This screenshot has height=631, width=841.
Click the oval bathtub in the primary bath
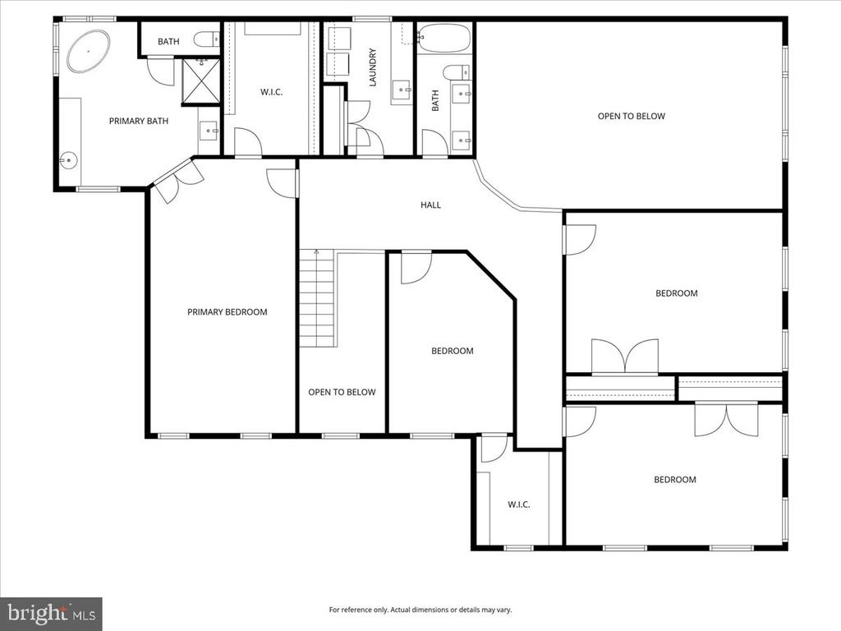(89, 52)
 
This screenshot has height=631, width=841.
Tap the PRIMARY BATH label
(138, 122)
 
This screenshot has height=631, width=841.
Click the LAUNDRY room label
(373, 67)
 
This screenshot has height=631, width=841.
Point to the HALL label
(430, 205)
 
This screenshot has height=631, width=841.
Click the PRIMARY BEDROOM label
(227, 311)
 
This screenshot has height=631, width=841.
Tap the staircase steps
(317, 298)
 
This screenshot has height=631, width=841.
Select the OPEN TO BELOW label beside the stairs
(342, 392)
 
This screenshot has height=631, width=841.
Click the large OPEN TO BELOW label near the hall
(632, 116)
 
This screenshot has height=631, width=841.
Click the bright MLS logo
(51, 613)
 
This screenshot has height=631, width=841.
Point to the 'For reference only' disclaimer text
(420, 610)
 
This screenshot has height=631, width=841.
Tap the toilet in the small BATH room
(206, 39)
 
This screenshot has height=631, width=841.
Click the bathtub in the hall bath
(444, 38)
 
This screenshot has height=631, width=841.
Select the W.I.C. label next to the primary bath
(271, 92)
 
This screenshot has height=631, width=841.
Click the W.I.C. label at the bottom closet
(519, 504)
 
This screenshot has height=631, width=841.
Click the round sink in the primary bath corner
(69, 160)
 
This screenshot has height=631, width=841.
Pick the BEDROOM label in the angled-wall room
(453, 351)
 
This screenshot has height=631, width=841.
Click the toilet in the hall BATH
(457, 71)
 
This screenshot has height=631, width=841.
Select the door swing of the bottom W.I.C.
(494, 448)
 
